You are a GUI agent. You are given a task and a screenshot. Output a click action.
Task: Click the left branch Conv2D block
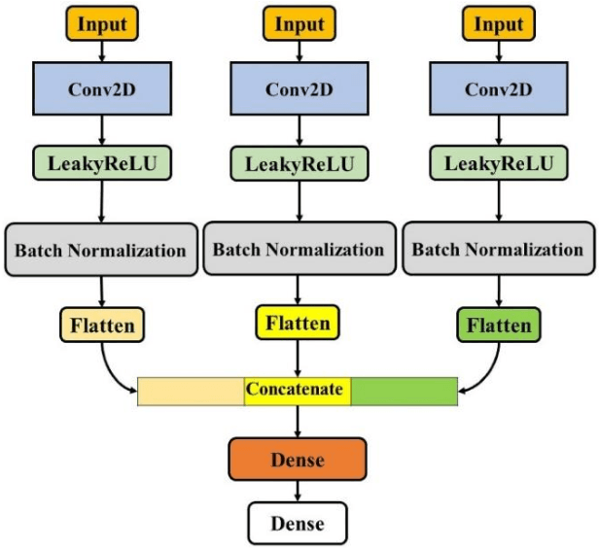point(101,91)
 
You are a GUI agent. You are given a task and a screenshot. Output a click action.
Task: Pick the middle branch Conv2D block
point(298,91)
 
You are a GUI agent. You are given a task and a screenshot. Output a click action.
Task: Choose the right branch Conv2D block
point(496,91)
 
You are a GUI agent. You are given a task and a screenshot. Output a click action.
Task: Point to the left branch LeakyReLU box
point(101,163)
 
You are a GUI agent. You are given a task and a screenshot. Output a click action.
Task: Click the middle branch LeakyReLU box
point(298,163)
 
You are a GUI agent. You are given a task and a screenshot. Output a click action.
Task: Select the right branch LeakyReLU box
point(496,163)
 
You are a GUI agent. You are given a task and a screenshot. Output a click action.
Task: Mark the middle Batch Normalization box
point(298,250)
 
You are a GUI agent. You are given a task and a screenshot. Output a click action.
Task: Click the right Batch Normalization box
point(498,250)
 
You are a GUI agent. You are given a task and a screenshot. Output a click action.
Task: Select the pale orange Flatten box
point(101,325)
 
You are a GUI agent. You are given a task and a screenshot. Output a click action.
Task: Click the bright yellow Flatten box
point(298,321)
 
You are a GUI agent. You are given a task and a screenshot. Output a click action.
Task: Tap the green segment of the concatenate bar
point(404,391)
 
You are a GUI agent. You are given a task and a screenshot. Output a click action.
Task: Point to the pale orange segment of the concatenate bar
point(190,391)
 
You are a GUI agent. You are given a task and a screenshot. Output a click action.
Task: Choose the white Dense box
point(298,524)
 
